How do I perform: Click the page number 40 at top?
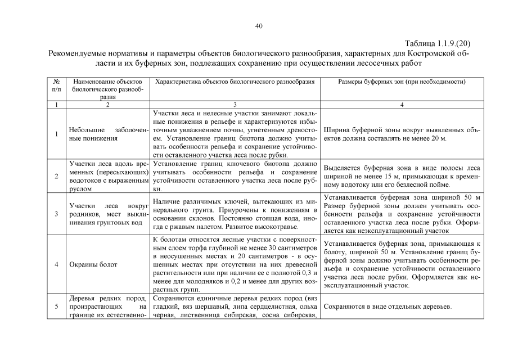259,26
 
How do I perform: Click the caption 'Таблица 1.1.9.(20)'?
437,43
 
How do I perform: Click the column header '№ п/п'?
56,85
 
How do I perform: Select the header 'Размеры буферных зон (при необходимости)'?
401,82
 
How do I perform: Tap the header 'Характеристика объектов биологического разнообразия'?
235,82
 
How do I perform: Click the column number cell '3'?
235,105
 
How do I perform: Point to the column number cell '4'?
401,105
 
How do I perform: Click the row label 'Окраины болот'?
85,264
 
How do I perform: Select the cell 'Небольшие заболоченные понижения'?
107,134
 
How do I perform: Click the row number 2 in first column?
56,176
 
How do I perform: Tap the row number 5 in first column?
56,307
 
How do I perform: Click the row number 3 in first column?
56,214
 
